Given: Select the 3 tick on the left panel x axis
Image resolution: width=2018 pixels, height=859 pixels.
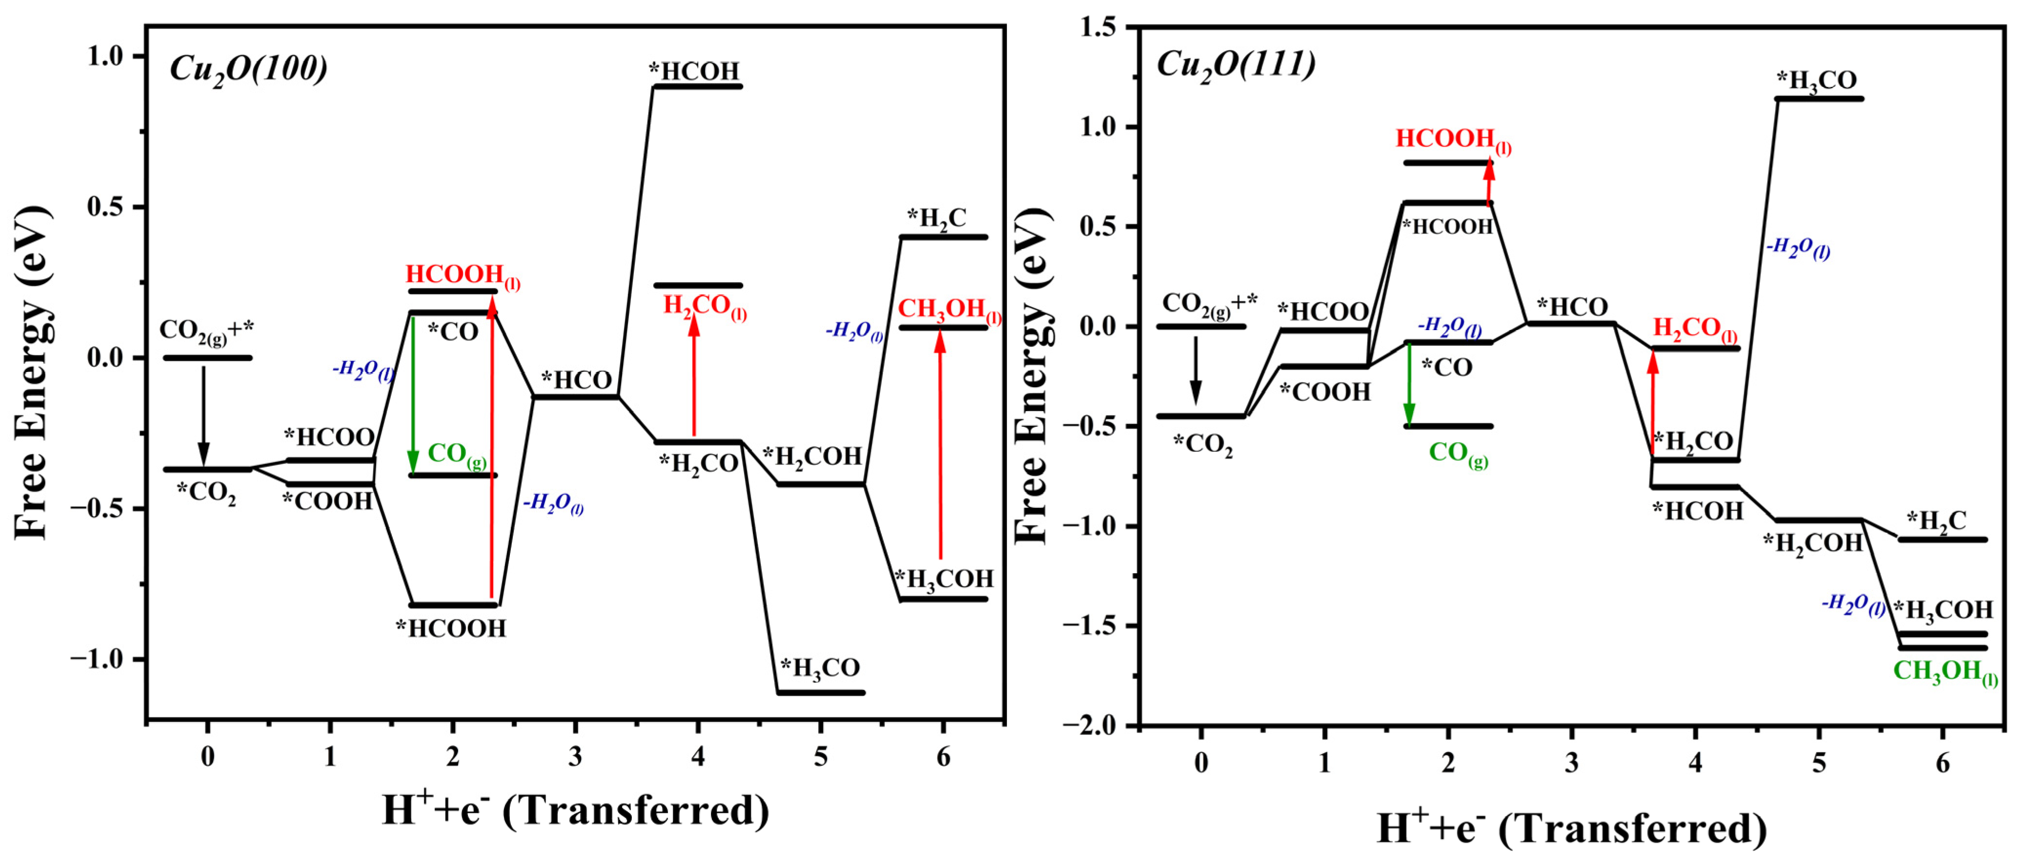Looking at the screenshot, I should [x=575, y=756].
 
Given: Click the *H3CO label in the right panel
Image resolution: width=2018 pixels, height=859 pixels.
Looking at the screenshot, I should [x=1816, y=81].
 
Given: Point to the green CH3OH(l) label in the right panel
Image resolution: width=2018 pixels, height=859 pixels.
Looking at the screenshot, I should [x=1944, y=671].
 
